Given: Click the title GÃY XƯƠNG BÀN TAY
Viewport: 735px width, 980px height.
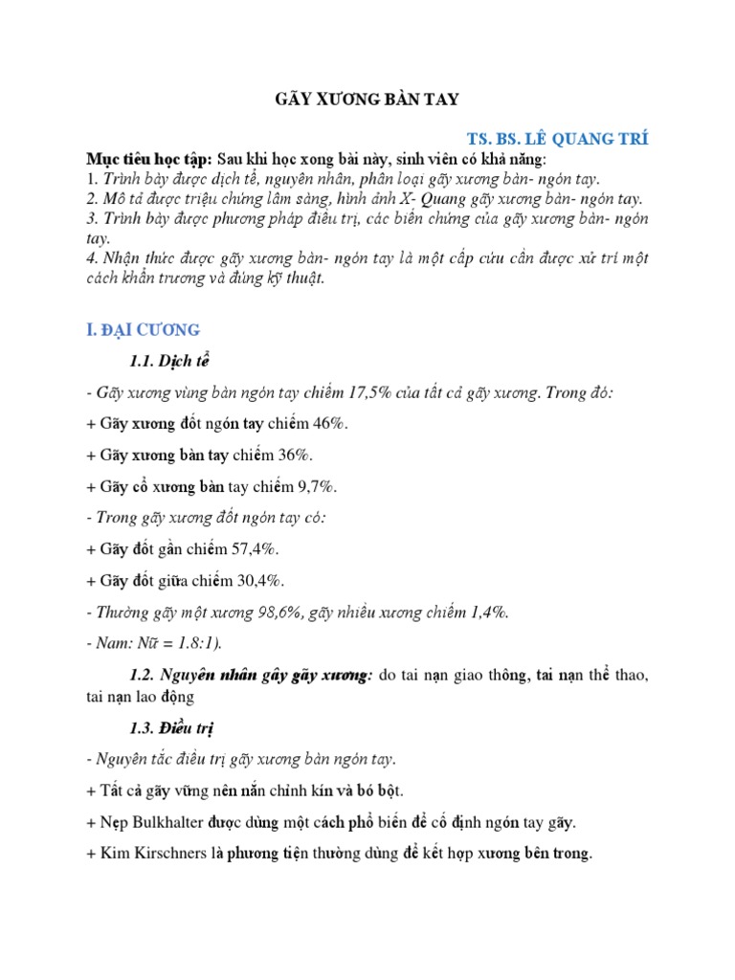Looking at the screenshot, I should [367, 99].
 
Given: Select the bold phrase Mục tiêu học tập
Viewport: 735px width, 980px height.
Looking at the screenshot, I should [147, 159].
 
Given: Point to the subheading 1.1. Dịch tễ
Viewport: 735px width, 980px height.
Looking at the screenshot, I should [168, 362].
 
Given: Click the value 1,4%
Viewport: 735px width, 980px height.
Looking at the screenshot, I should [486, 612].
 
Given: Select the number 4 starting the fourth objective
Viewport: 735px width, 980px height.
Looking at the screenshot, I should [90, 260].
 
